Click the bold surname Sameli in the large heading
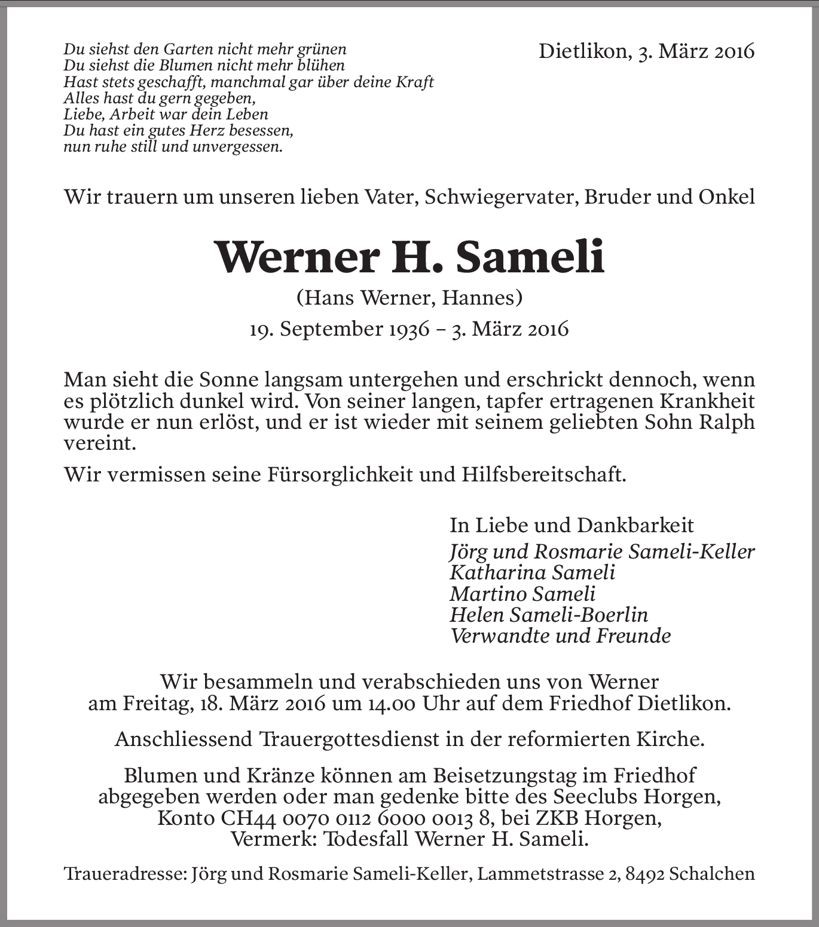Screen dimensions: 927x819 coord(530,257)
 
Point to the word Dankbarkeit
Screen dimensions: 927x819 coord(635,525)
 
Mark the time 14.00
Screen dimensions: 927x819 coord(388,703)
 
